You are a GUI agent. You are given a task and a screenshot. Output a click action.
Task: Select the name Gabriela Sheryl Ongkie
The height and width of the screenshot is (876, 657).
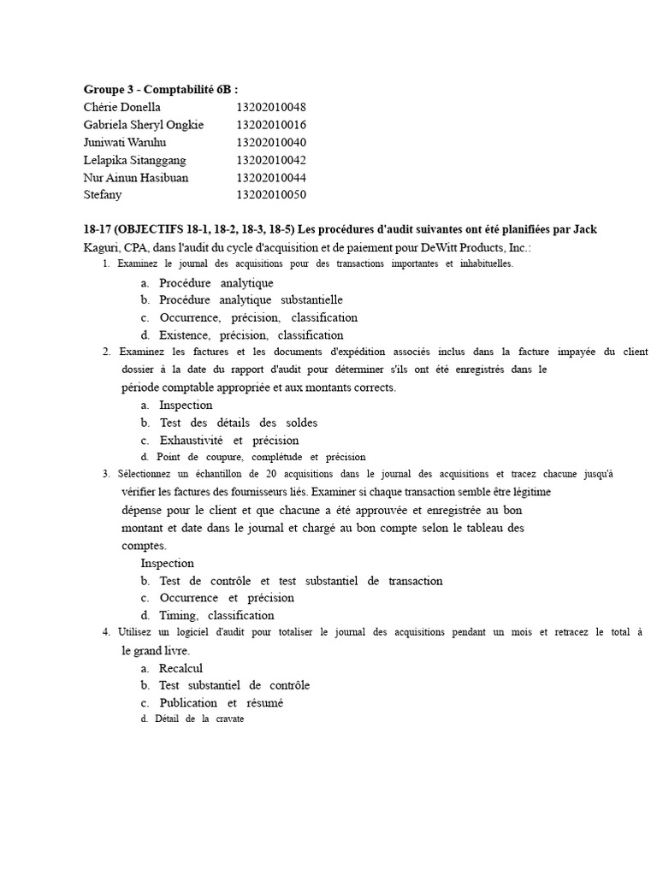pos(144,125)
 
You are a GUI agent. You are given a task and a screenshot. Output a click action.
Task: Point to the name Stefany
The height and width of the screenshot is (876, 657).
pos(103,195)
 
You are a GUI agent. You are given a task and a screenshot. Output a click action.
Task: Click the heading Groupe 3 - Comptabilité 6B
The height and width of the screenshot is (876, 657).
pos(161,89)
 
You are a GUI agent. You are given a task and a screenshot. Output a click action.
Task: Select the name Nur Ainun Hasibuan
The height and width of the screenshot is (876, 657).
pos(136,178)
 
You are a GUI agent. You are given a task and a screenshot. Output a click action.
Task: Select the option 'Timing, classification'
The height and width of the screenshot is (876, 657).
pos(216,616)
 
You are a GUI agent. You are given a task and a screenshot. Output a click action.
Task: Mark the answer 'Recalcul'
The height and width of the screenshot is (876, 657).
pos(181,668)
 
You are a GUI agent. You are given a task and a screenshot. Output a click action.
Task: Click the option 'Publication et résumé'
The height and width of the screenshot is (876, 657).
pos(221,703)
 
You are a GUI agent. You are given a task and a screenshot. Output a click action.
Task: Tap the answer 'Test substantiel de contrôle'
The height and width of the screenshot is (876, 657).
pos(234,686)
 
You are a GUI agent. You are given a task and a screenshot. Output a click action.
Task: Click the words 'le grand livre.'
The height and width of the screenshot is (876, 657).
pos(156,650)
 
